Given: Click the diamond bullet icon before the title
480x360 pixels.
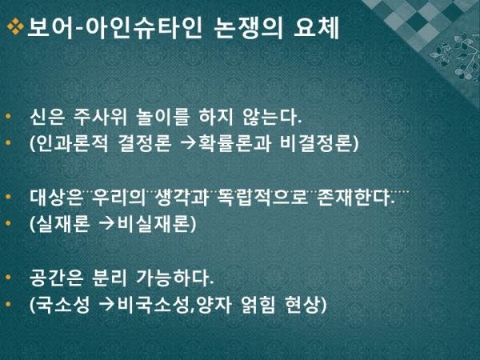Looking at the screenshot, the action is pyautogui.click(x=15, y=26).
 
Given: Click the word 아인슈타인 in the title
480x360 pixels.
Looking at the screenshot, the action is pyautogui.click(x=143, y=29).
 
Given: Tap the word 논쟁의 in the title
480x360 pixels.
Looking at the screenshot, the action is pyautogui.click(x=248, y=29).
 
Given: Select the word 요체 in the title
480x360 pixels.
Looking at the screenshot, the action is pyautogui.click(x=316, y=29).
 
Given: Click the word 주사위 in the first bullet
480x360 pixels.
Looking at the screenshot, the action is pyautogui.click(x=100, y=117).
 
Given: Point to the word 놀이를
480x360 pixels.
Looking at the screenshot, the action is pyautogui.click(x=163, y=117).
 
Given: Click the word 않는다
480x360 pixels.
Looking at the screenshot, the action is pyautogui.click(x=272, y=117).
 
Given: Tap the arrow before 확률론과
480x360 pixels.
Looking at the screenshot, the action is pyautogui.click(x=188, y=143).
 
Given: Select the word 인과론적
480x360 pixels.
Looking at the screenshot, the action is pyautogui.click(x=69, y=143).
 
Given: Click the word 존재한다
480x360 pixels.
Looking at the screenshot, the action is pyautogui.click(x=354, y=197).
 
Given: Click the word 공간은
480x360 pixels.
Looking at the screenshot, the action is pyautogui.click(x=56, y=278).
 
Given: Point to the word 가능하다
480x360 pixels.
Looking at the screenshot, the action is pyautogui.click(x=174, y=278).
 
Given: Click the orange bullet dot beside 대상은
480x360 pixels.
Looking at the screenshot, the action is pyautogui.click(x=8, y=197).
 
